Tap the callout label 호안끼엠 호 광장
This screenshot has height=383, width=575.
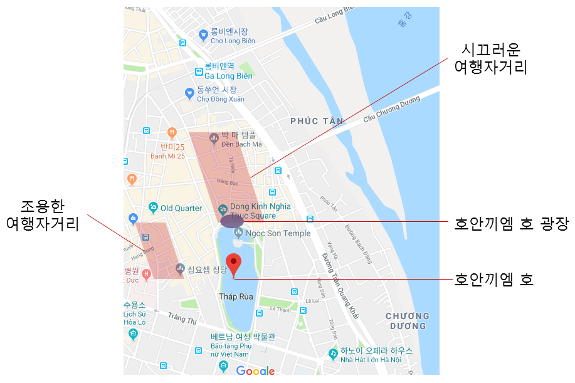click(511, 224)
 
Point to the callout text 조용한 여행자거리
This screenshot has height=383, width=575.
click(43, 215)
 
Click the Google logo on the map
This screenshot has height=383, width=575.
click(255, 370)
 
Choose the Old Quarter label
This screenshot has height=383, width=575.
click(181, 208)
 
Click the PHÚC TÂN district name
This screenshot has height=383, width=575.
click(317, 120)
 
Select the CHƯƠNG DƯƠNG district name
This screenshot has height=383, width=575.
click(407, 321)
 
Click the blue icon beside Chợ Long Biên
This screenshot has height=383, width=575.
click(203, 35)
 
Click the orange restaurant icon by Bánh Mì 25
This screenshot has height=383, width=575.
click(172, 132)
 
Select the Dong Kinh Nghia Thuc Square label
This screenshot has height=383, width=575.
click(260, 211)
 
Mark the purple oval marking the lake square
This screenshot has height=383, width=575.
click(232, 221)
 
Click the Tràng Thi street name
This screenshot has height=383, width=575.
click(182, 320)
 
